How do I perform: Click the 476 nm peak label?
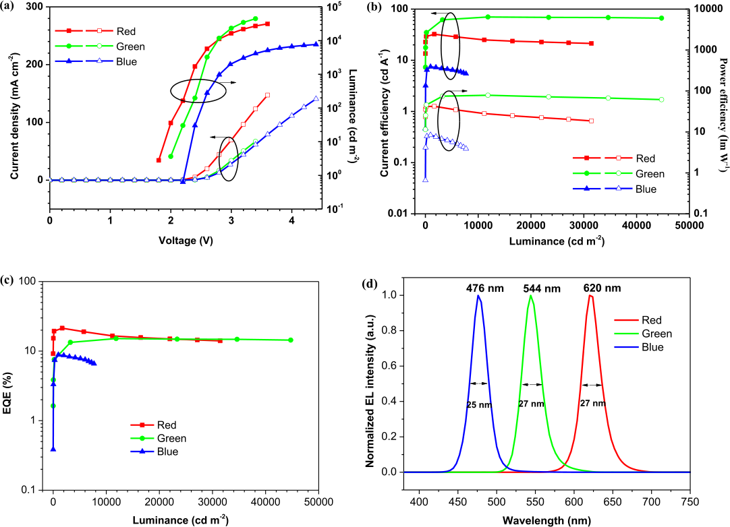pos(478,288)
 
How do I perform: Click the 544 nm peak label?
pos(542,288)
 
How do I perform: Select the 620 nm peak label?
pos(602,288)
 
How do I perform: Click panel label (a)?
pos(9,7)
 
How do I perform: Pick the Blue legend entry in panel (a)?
pos(126,61)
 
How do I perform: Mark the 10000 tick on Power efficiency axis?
pos(705,9)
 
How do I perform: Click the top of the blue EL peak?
pos(478,295)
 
